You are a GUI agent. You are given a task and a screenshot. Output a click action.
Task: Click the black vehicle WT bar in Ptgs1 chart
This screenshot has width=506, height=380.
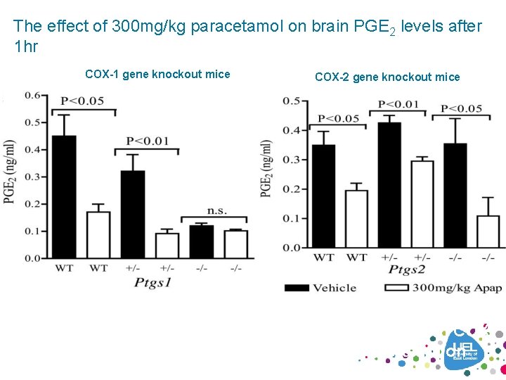pyautogui.click(x=64, y=197)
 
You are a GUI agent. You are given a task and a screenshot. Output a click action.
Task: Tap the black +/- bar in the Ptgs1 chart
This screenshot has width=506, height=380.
pyautogui.click(x=133, y=215)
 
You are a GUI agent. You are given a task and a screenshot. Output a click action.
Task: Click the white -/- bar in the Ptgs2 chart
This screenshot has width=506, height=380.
pyautogui.click(x=488, y=232)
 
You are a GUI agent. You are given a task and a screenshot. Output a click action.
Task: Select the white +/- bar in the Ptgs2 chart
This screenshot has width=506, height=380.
pyautogui.click(x=422, y=204)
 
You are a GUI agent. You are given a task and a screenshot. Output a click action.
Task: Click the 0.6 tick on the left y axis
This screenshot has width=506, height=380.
pyautogui.click(x=32, y=96)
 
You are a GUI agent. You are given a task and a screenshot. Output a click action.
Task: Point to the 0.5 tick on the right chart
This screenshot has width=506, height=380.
pyautogui.click(x=291, y=101)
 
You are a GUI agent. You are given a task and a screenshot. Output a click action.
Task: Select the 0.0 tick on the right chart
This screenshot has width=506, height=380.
pyautogui.click(x=291, y=248)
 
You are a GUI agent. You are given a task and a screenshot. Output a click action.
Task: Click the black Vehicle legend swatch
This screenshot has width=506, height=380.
pyautogui.click(x=297, y=287)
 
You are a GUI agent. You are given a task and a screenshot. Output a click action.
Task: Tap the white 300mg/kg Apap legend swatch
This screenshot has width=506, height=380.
pyautogui.click(x=398, y=287)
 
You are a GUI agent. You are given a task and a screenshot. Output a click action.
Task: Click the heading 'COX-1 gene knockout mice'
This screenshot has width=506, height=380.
pyautogui.click(x=157, y=74)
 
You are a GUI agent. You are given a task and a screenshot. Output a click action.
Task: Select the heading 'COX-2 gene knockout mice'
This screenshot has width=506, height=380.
pyautogui.click(x=387, y=77)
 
